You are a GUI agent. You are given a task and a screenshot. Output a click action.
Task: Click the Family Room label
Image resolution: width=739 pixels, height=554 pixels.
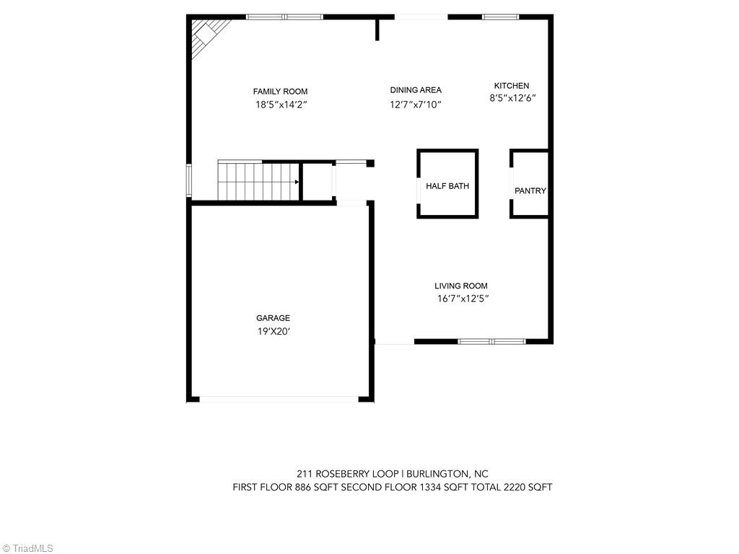(x=280, y=92)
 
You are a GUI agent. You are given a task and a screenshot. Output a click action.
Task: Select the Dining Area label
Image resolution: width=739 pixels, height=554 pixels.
(x=416, y=90)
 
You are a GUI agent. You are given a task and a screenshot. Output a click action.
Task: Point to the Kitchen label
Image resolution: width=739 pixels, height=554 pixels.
(x=512, y=86)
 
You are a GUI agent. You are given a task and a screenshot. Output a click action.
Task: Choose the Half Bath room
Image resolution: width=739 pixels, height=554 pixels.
(x=447, y=186)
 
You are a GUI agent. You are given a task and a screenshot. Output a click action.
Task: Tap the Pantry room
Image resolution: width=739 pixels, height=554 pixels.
(x=530, y=190)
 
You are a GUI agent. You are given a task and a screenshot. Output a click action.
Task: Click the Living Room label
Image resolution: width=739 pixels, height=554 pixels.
(x=461, y=286)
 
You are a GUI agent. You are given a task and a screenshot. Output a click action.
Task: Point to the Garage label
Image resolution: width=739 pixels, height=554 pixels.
(x=273, y=318)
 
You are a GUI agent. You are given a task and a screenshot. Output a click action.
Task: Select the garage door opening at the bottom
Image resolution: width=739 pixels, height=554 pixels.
(x=279, y=399)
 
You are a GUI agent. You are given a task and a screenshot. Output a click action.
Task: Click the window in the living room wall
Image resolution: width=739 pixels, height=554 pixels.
(x=492, y=341)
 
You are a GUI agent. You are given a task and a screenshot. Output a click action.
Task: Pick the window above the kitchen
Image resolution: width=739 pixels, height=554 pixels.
(x=501, y=17)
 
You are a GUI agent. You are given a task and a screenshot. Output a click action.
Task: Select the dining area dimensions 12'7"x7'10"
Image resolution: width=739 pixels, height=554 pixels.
(x=416, y=105)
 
